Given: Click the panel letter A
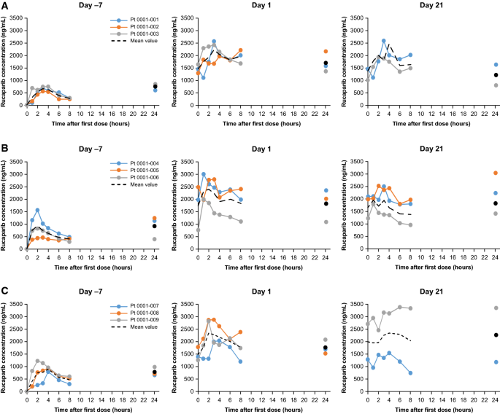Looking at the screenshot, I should click(5, 7).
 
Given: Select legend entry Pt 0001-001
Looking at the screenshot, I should click(131, 20).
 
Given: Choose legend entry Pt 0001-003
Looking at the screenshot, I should click(131, 34).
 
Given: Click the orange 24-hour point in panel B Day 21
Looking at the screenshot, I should click(496, 173).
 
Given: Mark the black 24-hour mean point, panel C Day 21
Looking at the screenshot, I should click(496, 335).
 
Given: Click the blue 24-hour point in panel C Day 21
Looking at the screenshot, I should click(496, 362).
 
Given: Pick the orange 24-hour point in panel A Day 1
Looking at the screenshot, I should click(325, 52).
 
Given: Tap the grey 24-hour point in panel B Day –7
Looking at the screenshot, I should click(154, 239).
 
